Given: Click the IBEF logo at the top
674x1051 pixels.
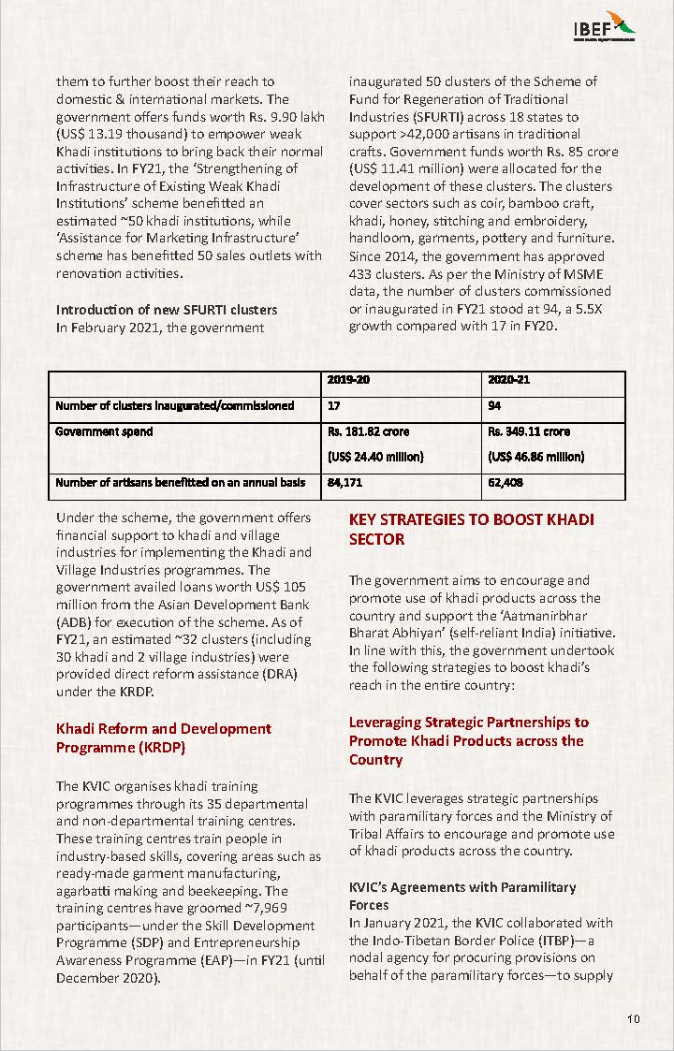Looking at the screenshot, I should [605, 25].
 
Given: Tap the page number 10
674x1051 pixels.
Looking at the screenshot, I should [634, 1019].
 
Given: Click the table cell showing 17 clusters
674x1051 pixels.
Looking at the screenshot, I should [334, 405].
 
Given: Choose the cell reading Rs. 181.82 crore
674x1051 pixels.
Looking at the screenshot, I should [369, 431].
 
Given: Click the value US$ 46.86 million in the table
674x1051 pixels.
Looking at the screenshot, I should [536, 457].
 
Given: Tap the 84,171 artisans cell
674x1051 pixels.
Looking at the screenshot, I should [345, 483].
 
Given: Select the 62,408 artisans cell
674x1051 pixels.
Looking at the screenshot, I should [505, 483].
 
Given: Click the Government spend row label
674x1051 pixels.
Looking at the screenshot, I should [104, 431].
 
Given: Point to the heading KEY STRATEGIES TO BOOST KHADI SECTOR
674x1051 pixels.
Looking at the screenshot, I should [471, 529].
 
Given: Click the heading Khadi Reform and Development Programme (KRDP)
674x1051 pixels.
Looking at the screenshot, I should [164, 737].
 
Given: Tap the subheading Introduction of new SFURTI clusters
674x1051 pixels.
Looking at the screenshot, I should [167, 309].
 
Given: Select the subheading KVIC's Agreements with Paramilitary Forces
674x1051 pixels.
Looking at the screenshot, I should [462, 896].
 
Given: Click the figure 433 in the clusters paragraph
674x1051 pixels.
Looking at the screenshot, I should [361, 273].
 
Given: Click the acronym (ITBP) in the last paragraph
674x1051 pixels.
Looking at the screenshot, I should [554, 940].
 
